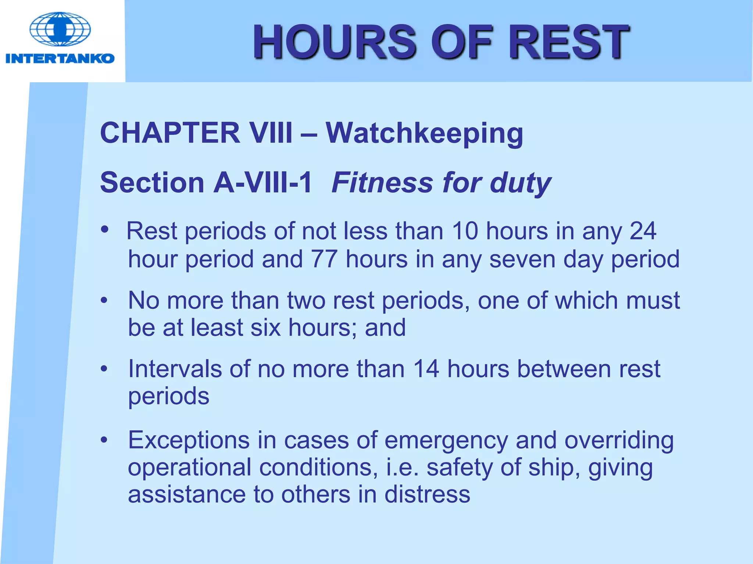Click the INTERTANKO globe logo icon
60,29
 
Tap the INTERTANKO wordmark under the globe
60,58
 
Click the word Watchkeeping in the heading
424,133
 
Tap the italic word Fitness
382,182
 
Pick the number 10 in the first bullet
465,231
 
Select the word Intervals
175,369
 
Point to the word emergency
446,440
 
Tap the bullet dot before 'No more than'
104,300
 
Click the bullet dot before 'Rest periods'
105,229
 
